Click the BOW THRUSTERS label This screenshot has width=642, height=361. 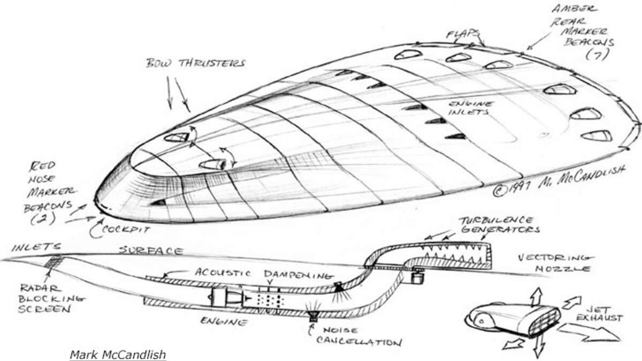(195, 64)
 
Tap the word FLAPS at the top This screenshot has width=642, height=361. (463, 35)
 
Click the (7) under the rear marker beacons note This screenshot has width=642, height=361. (595, 55)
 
